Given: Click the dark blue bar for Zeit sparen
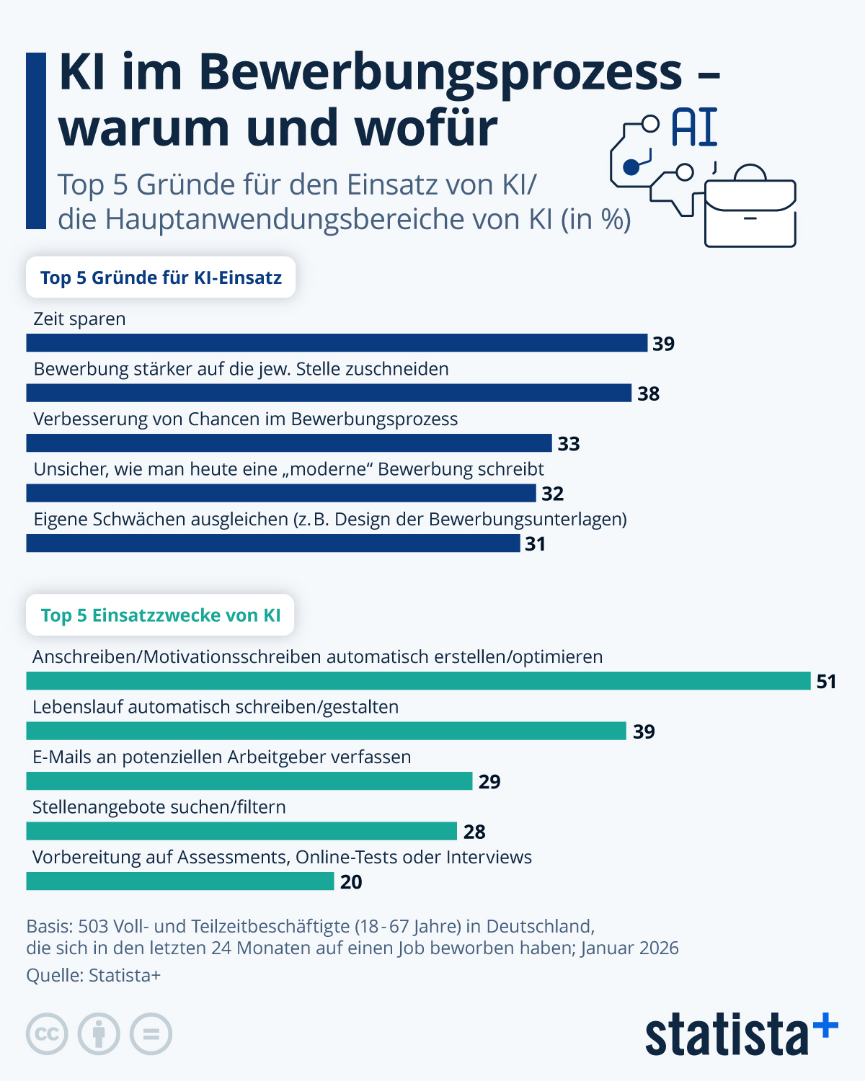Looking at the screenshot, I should click(x=337, y=343).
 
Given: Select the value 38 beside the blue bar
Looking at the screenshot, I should click(x=648, y=393).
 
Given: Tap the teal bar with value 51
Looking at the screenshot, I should click(x=418, y=681).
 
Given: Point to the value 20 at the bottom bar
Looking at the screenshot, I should click(x=351, y=882).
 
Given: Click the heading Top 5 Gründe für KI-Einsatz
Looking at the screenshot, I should click(x=161, y=277).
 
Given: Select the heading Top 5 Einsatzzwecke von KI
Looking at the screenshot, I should click(x=160, y=615).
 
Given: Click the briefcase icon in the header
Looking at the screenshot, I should click(x=750, y=209).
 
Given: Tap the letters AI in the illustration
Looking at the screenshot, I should click(x=694, y=128).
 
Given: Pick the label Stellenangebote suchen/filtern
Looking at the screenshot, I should click(x=159, y=807).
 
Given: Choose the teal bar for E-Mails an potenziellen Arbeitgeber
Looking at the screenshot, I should click(x=249, y=781).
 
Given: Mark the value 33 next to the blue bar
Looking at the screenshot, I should click(x=568, y=444).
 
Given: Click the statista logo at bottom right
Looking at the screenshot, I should click(x=741, y=1034).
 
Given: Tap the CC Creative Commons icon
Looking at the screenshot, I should click(x=47, y=1034).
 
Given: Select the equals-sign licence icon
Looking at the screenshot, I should click(x=151, y=1034).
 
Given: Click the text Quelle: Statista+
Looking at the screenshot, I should click(x=93, y=975).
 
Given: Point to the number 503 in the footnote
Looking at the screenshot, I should click(x=93, y=926).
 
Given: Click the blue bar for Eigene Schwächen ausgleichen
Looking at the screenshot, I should click(x=272, y=543).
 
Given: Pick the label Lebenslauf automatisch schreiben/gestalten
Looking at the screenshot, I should click(x=215, y=707).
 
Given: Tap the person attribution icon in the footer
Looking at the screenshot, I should click(x=99, y=1034).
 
